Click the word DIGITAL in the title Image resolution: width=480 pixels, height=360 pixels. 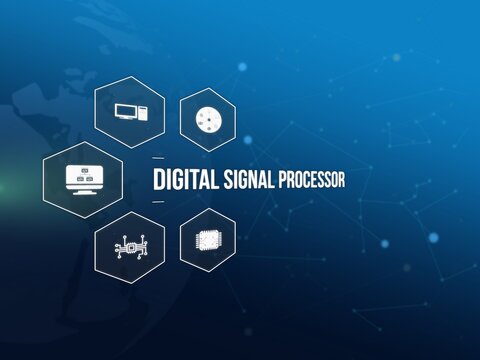click(188, 180)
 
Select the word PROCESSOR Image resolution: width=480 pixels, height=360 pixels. click(312, 180)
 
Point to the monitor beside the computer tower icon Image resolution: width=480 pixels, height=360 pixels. click(125, 112)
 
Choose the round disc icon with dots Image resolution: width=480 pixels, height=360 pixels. click(207, 119)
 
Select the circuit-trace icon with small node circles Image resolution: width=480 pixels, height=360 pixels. click(129, 246)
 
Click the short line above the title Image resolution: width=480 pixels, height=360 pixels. click(158, 159)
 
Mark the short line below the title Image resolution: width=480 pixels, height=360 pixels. click(158, 202)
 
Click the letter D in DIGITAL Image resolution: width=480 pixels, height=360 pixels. click(158, 180)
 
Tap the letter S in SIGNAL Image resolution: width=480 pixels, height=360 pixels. click(230, 180)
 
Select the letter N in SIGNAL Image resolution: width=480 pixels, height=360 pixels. click(253, 180)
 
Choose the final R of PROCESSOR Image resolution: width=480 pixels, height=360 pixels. click(341, 180)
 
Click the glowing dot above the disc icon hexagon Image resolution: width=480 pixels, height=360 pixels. click(242, 67)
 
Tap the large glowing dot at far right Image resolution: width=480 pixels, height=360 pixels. click(433, 237)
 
